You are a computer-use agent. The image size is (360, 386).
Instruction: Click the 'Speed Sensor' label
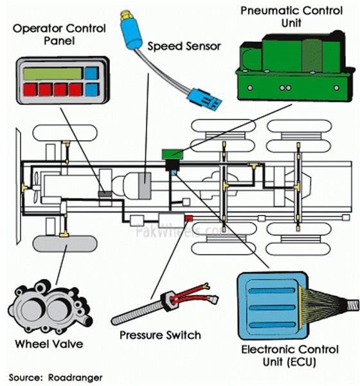(x=184, y=46)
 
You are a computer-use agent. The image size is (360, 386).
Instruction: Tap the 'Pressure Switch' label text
(x=160, y=335)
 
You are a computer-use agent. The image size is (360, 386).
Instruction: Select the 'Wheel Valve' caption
(x=49, y=344)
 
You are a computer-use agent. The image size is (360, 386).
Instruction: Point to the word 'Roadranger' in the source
(x=75, y=378)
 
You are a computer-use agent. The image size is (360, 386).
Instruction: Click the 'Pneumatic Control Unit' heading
(x=292, y=17)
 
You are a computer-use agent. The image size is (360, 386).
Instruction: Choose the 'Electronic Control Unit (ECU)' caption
(x=290, y=356)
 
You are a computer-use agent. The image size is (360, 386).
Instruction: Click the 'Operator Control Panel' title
(x=59, y=35)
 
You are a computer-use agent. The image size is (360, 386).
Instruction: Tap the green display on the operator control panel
(x=53, y=73)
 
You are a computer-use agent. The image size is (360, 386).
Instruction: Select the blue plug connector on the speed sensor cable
(x=204, y=98)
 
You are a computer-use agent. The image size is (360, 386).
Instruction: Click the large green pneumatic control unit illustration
(x=295, y=66)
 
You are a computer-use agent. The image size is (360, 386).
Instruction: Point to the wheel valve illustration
(x=50, y=306)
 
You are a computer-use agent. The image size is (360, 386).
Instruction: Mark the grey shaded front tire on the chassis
(x=65, y=244)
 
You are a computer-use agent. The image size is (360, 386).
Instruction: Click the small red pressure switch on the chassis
(x=189, y=218)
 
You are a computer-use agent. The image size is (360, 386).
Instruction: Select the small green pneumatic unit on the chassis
(x=172, y=154)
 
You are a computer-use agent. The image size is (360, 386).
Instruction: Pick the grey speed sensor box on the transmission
(x=145, y=186)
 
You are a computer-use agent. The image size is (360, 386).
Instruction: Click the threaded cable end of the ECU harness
(x=353, y=304)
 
